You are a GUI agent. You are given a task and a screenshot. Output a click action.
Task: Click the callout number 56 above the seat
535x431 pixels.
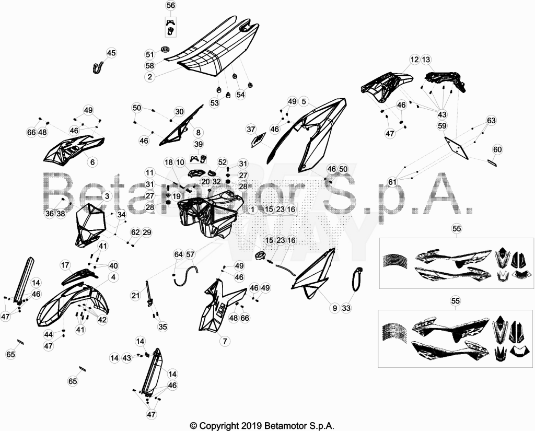pyautogui.click(x=171, y=5)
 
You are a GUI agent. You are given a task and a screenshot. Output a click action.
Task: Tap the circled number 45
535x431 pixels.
pyautogui.click(x=111, y=53)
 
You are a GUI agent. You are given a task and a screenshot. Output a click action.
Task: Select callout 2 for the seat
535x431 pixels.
pyautogui.click(x=150, y=77)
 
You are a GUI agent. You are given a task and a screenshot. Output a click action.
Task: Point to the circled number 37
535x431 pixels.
pyautogui.click(x=251, y=130)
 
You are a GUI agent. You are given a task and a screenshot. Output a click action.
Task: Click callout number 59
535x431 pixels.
pyautogui.click(x=442, y=126)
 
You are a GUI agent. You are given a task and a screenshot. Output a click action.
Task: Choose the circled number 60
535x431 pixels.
pyautogui.click(x=497, y=149)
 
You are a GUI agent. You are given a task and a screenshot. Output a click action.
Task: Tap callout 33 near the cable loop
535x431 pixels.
pyautogui.click(x=346, y=308)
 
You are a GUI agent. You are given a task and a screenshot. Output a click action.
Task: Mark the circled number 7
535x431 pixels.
pyautogui.click(x=225, y=341)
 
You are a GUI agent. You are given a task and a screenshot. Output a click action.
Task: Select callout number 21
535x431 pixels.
pyautogui.click(x=136, y=295)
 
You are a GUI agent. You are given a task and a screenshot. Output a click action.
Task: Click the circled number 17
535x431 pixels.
pyautogui.click(x=65, y=265)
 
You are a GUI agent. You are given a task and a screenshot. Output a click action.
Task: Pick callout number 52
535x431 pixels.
pyautogui.click(x=223, y=162)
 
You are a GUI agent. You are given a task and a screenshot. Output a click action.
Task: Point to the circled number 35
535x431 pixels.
pyautogui.click(x=163, y=327)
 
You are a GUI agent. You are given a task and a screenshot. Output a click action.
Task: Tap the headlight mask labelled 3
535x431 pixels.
pyautogui.click(x=89, y=225)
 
